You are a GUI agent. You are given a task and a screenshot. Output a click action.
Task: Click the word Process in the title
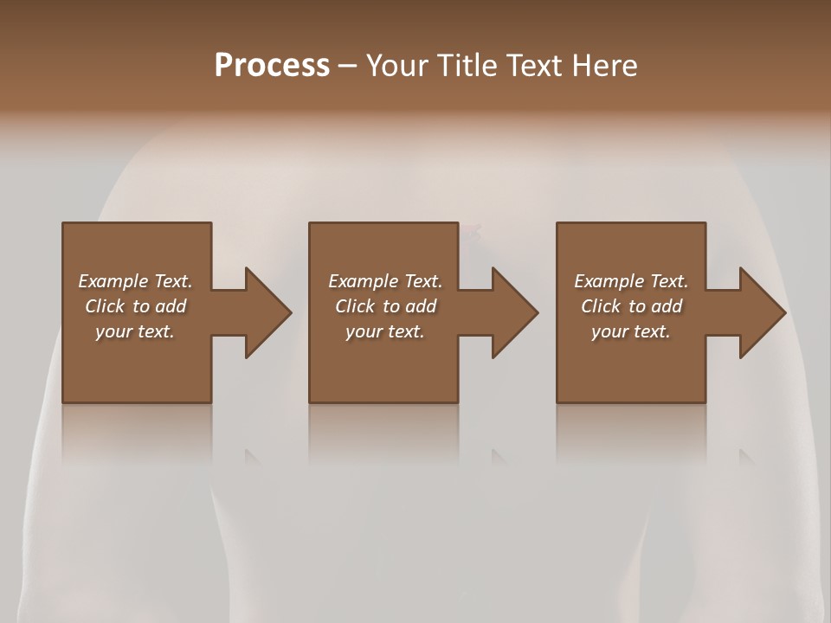click(272, 66)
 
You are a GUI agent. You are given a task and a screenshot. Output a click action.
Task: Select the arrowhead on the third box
click(760, 312)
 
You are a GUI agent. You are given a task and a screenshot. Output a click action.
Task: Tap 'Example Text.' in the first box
click(135, 281)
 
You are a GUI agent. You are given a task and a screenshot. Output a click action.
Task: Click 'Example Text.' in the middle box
click(385, 281)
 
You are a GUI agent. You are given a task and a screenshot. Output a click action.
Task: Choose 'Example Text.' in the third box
click(631, 281)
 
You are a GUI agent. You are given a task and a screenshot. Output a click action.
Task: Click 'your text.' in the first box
click(135, 331)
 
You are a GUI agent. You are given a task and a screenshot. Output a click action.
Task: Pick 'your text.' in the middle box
click(385, 331)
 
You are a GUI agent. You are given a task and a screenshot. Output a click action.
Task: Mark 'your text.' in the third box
click(631, 331)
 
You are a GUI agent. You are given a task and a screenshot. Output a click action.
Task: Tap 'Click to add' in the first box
click(135, 306)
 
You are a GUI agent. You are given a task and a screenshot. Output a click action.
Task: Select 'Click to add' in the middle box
click(385, 306)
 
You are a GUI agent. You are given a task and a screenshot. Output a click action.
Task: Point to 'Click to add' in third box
click(631, 306)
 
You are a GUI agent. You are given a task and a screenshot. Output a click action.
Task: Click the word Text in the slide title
click(532, 66)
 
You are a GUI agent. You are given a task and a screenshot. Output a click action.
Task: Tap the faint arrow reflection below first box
click(252, 456)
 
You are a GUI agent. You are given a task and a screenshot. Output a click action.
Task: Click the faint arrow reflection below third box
click(746, 456)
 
